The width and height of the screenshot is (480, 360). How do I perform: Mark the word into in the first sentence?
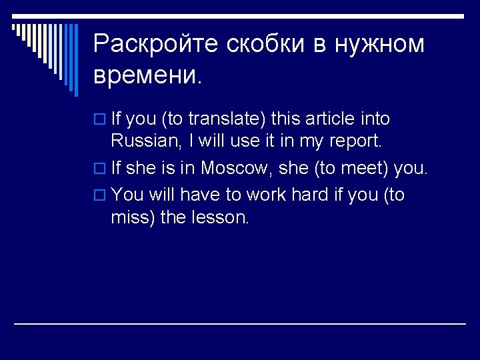tap(376, 119)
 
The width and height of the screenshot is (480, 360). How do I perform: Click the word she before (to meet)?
tap(293, 169)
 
